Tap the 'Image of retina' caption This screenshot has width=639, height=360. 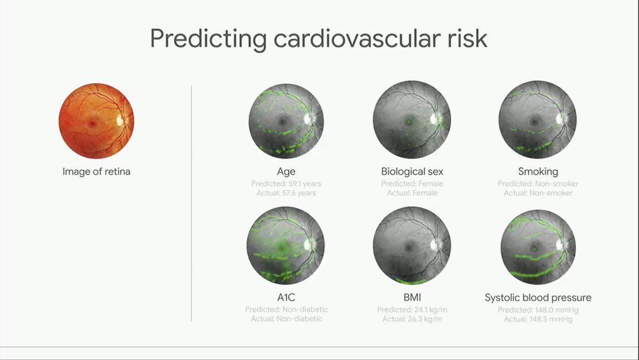(x=96, y=172)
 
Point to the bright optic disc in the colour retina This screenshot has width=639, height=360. (x=120, y=121)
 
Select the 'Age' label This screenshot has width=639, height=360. (x=286, y=172)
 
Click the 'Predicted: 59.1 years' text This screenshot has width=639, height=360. (x=286, y=184)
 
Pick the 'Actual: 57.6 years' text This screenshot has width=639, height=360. (x=286, y=193)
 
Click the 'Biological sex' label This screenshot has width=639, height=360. (x=412, y=172)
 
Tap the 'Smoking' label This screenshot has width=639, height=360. (x=538, y=172)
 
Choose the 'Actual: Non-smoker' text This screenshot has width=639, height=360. (x=538, y=193)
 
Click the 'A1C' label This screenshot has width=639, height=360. (x=286, y=298)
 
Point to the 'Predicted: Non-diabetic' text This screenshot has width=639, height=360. (x=286, y=309)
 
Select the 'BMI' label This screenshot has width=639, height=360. (x=412, y=298)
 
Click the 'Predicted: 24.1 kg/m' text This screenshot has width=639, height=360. (x=412, y=310)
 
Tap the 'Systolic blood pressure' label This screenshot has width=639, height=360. (x=538, y=298)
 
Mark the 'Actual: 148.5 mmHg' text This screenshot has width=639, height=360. (x=538, y=319)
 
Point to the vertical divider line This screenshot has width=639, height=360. (x=191, y=203)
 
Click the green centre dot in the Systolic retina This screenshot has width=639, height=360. (x=534, y=248)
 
